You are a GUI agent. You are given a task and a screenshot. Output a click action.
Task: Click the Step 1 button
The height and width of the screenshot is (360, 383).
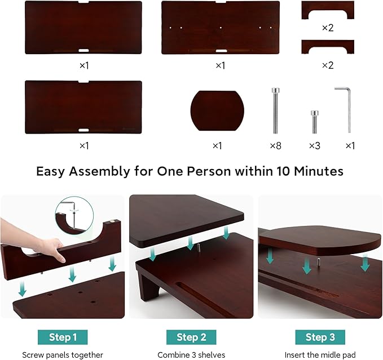click(x=63, y=337)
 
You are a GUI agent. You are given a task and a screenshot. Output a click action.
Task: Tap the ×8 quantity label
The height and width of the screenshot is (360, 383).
click(x=275, y=145)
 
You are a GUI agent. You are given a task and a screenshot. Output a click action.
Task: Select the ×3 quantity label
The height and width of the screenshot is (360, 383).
click(x=314, y=145)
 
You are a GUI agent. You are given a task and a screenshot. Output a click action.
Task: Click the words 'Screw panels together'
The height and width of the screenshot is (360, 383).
click(x=63, y=355)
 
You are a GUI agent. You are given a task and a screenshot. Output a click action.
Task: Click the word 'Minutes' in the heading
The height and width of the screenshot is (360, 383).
click(x=317, y=171)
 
